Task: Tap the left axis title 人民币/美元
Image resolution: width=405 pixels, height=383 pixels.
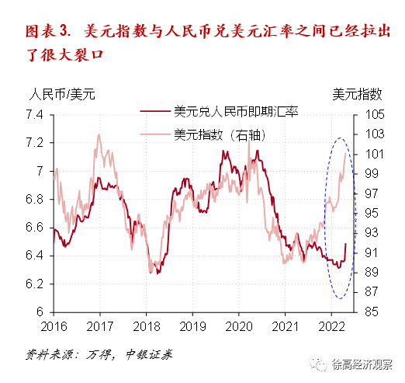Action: pos(62,96)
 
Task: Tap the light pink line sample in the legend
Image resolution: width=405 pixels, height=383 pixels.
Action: pos(155,134)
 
